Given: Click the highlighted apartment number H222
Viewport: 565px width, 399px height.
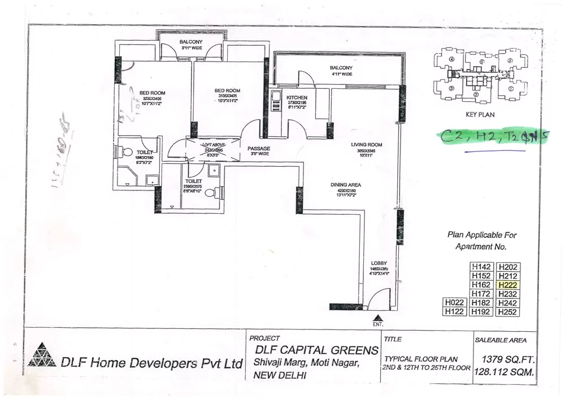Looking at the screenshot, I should [507, 285].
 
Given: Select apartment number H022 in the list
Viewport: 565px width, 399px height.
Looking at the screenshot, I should [454, 303].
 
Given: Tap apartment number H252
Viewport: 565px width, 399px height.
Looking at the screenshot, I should [507, 312].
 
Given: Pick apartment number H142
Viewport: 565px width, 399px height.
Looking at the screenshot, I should [482, 267].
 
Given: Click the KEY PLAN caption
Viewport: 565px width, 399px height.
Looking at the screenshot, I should [480, 114].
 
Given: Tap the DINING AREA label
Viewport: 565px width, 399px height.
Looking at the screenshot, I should [346, 185].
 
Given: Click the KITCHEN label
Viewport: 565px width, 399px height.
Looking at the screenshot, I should [297, 98].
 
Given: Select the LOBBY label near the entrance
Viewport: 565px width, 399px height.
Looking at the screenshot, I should [379, 263].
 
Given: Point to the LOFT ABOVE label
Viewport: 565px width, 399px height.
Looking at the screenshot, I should [214, 145].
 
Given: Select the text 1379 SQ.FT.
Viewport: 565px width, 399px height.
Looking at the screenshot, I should [507, 359].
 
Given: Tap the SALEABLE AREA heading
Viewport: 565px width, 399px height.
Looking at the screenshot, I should [500, 340].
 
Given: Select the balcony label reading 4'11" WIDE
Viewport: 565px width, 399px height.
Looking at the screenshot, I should [341, 74].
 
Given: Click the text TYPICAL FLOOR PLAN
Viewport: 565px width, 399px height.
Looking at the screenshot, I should [421, 359].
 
